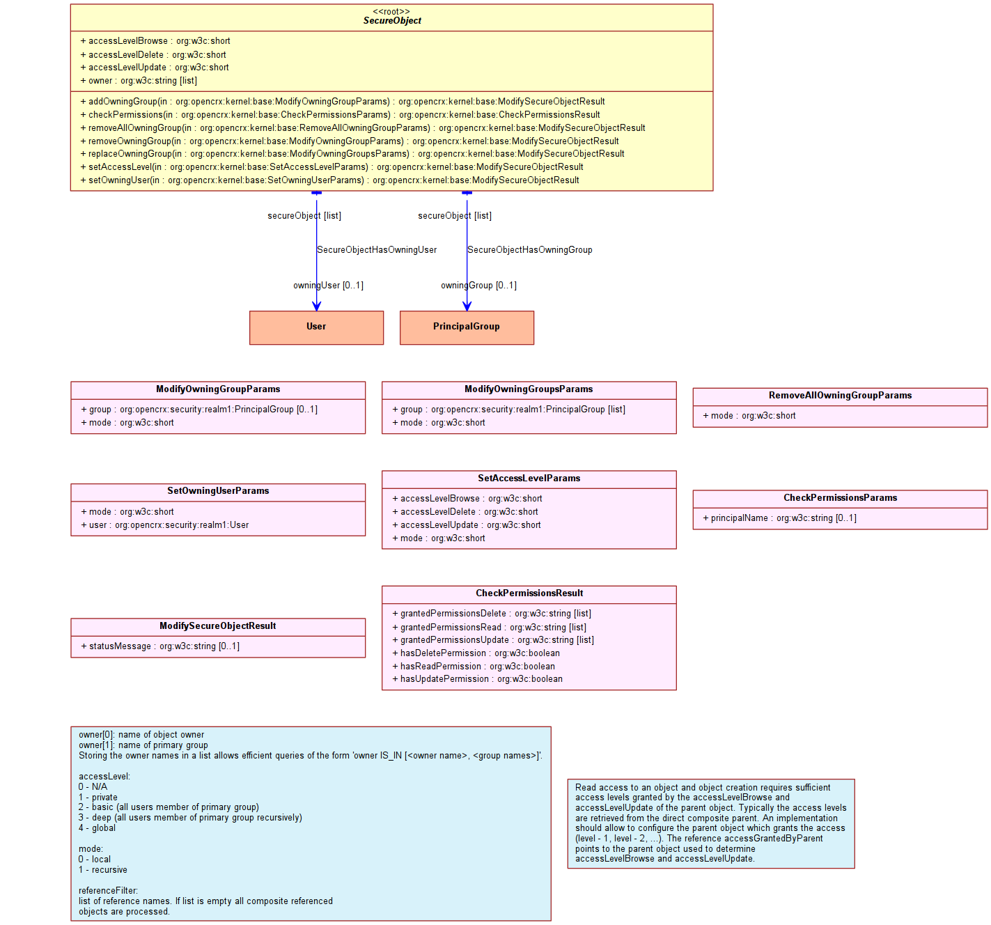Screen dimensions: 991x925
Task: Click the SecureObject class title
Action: tap(391, 20)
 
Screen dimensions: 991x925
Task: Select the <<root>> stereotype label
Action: tap(391, 11)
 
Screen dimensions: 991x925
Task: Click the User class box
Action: tap(316, 327)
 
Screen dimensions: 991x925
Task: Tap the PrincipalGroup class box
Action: tap(467, 327)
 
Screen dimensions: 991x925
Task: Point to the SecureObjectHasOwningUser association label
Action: tap(377, 249)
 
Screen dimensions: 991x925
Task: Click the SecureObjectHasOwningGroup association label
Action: tap(530, 249)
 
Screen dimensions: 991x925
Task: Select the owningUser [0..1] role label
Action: tap(328, 285)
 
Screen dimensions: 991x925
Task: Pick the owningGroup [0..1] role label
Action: tap(478, 285)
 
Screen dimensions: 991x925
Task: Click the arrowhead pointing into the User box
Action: tap(316, 306)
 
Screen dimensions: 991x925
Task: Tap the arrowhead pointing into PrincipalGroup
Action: tap(467, 306)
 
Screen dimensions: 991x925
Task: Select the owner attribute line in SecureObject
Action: tap(139, 80)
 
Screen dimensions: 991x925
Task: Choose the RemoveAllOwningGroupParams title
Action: tap(840, 395)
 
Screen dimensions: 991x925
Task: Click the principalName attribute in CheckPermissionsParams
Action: tap(779, 518)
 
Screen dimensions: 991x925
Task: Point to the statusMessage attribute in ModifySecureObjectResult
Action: tap(160, 646)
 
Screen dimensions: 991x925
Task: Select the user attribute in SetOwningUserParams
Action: tap(164, 524)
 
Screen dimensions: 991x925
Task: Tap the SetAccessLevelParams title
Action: tap(529, 478)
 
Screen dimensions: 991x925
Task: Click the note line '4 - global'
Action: tap(97, 827)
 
